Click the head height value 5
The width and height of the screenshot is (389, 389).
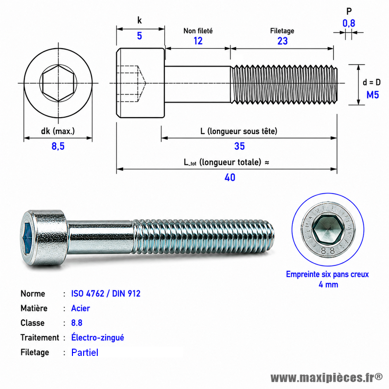(x=140, y=36)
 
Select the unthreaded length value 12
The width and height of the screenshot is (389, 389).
(x=198, y=41)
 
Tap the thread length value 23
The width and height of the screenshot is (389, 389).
(x=283, y=41)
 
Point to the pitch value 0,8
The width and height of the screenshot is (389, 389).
(x=349, y=23)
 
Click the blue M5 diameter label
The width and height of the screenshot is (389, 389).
(x=372, y=95)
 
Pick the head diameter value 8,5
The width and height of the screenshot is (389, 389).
(x=58, y=146)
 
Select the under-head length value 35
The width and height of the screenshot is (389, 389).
(x=239, y=146)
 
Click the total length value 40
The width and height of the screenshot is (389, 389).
(x=230, y=177)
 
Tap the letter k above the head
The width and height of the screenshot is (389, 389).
(x=140, y=20)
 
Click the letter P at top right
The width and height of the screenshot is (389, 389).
(x=349, y=11)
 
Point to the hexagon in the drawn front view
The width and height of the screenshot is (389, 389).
(x=58, y=83)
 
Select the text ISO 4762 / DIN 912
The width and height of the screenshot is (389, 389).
(x=106, y=294)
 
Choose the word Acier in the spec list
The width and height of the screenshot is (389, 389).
(x=80, y=308)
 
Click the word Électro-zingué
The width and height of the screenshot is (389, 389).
(x=98, y=337)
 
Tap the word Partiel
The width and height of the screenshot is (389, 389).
(x=85, y=353)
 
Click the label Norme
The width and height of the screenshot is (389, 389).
(x=33, y=294)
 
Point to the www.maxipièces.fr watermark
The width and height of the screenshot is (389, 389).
(x=327, y=378)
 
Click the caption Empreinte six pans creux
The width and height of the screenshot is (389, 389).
(x=327, y=274)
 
